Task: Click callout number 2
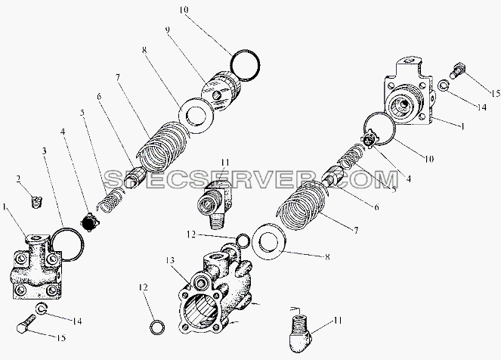pos(19,179)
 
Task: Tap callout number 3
pos(45,151)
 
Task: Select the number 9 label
pos(168,30)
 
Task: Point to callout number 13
pos(170,261)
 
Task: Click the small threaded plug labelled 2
pos(38,202)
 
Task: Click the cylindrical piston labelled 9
pos(221,91)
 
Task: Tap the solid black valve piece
pos(88,222)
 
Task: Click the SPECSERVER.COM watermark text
pos(252,179)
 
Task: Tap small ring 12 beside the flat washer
pos(243,241)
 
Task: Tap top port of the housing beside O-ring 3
pos(38,238)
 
